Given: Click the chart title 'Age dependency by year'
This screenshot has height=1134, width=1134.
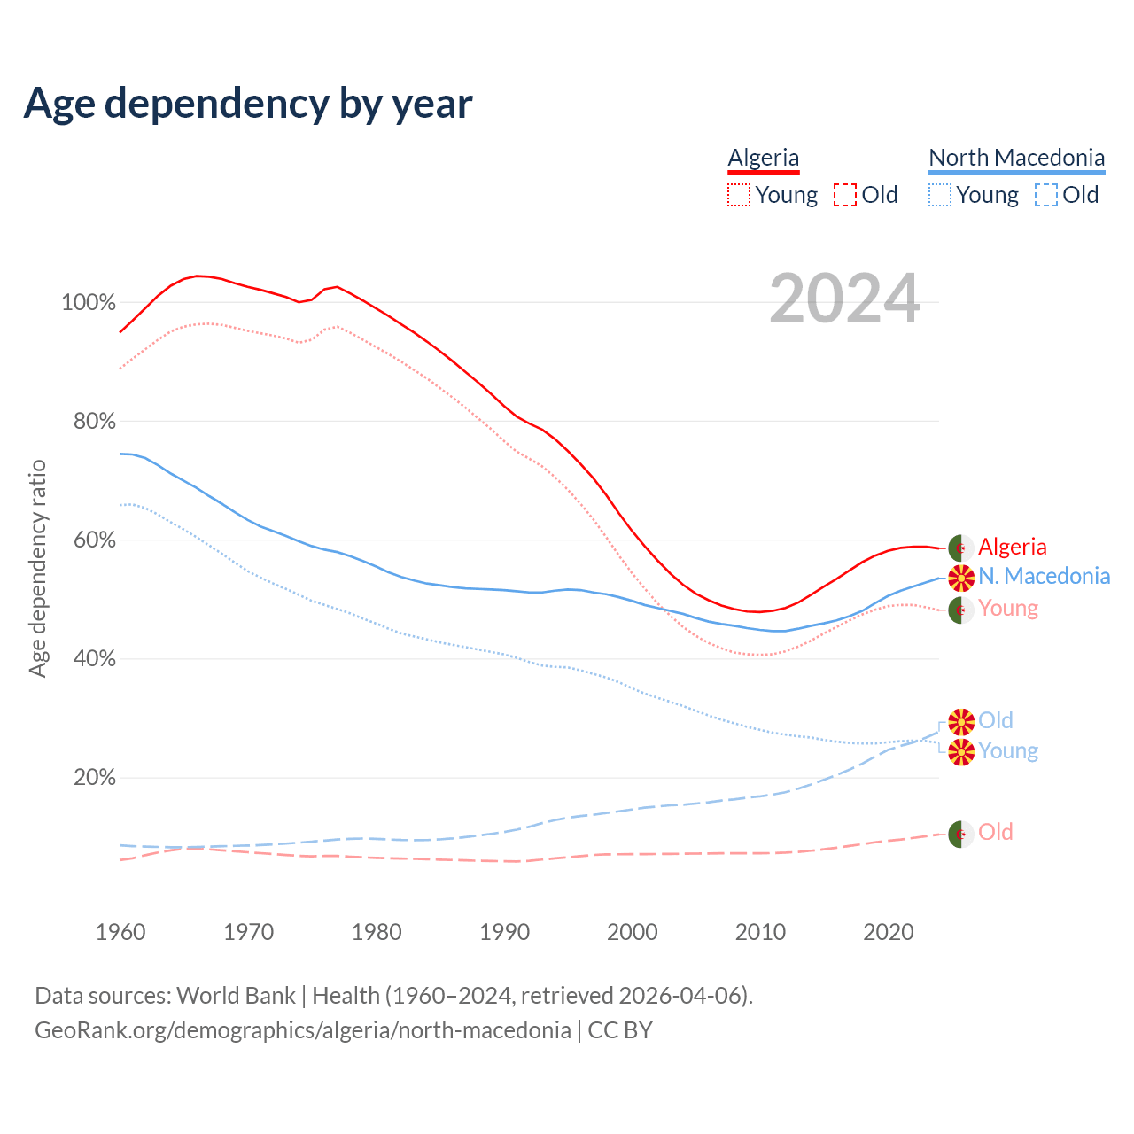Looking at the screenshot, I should [x=248, y=104].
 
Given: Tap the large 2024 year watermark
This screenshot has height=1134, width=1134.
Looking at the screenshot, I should [x=844, y=299].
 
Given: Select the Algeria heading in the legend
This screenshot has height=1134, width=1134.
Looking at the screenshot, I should [x=763, y=158].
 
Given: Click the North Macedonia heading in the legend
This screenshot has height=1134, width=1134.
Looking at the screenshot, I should [x=1016, y=158].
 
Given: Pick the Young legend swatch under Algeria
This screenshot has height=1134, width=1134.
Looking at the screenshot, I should [x=739, y=195].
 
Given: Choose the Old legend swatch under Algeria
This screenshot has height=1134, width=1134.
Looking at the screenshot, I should [x=845, y=195].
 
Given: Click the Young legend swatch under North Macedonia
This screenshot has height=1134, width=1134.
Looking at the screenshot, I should [x=940, y=195].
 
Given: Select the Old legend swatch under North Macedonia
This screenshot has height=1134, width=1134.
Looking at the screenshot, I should [x=1046, y=195].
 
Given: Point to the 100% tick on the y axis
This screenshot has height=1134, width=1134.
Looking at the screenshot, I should [x=89, y=303].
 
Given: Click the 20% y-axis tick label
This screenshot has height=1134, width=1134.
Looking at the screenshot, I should [x=94, y=778].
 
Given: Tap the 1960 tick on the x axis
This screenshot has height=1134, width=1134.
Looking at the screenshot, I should [x=120, y=932].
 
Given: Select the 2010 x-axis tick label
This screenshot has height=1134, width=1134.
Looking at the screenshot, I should [x=760, y=932].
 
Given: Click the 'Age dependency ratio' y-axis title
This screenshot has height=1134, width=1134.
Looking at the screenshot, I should [x=38, y=568].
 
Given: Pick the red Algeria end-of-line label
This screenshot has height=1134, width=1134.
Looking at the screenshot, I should [x=1012, y=548].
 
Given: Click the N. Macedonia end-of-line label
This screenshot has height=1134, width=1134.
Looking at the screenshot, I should [x=1044, y=577].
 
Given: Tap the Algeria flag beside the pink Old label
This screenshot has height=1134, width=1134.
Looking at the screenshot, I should [x=960, y=834].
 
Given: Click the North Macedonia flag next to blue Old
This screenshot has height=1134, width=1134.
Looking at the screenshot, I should [x=960, y=722].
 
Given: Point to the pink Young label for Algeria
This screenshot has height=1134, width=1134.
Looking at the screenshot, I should [x=1007, y=609].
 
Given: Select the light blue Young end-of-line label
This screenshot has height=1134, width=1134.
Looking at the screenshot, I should [x=1007, y=751].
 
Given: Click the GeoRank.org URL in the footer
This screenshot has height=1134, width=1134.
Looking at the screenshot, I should [x=303, y=1030].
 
